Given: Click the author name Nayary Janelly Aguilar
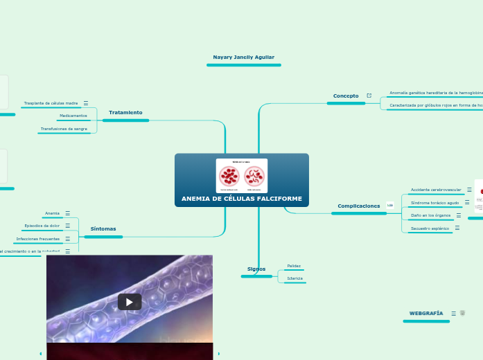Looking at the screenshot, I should pyautogui.click(x=243, y=57).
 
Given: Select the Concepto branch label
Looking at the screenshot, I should pyautogui.click(x=346, y=96).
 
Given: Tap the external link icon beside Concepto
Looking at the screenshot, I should pyautogui.click(x=369, y=96).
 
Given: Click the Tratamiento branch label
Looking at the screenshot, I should pyautogui.click(x=125, y=112).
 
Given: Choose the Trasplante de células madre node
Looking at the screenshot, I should pyautogui.click(x=51, y=102).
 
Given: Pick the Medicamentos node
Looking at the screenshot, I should pyautogui.click(x=73, y=116).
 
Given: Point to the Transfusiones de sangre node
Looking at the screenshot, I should pyautogui.click(x=64, y=129).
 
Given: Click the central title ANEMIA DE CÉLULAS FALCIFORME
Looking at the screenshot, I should pyautogui.click(x=241, y=199).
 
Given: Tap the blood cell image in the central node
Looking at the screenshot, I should pyautogui.click(x=241, y=175).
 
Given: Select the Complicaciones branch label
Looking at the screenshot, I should pyautogui.click(x=358, y=206).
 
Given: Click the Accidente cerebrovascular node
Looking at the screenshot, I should pyautogui.click(x=435, y=190).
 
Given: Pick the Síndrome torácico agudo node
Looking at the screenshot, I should pyautogui.click(x=434, y=203).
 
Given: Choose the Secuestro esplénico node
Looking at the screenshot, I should pyautogui.click(x=430, y=228).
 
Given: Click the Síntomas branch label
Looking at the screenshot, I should pyautogui.click(x=103, y=228).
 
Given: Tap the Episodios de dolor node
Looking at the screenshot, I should pyautogui.click(x=42, y=226).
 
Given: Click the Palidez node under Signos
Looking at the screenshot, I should pyautogui.click(x=294, y=265).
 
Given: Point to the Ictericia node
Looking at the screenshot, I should pyautogui.click(x=294, y=278).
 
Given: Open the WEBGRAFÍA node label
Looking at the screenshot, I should pyautogui.click(x=425, y=314).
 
